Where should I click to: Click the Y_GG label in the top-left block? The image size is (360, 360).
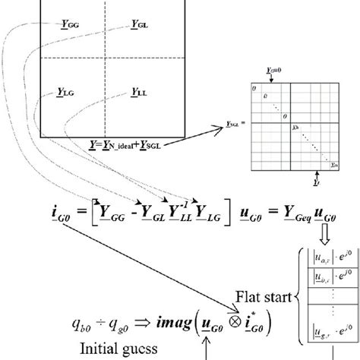68,24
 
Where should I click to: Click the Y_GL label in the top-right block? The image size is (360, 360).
139,24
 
